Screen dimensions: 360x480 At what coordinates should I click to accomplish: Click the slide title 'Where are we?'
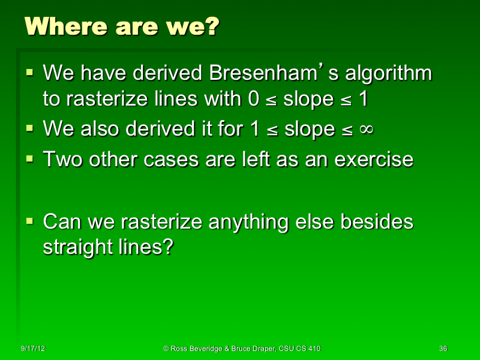(122, 26)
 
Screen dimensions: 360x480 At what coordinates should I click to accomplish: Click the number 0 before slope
(254, 99)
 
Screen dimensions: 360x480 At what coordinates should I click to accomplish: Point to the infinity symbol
(364, 129)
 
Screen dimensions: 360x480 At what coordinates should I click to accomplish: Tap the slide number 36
(443, 349)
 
